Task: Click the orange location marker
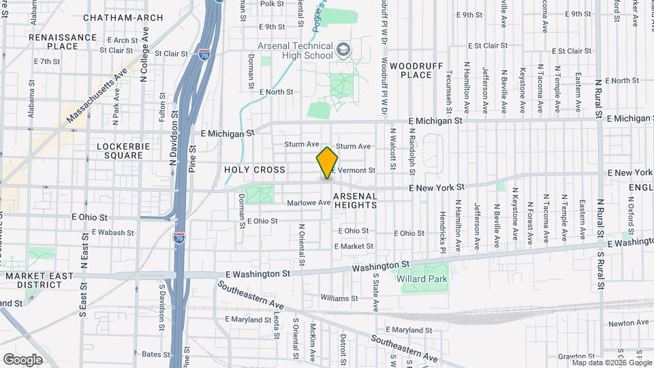point(327,163)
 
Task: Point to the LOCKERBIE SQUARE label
point(120,151)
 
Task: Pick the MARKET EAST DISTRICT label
point(35,280)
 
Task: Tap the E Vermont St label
point(356,170)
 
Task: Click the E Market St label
point(354,246)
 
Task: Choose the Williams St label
point(339,298)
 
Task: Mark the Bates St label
point(155,354)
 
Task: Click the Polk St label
point(271,4)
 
